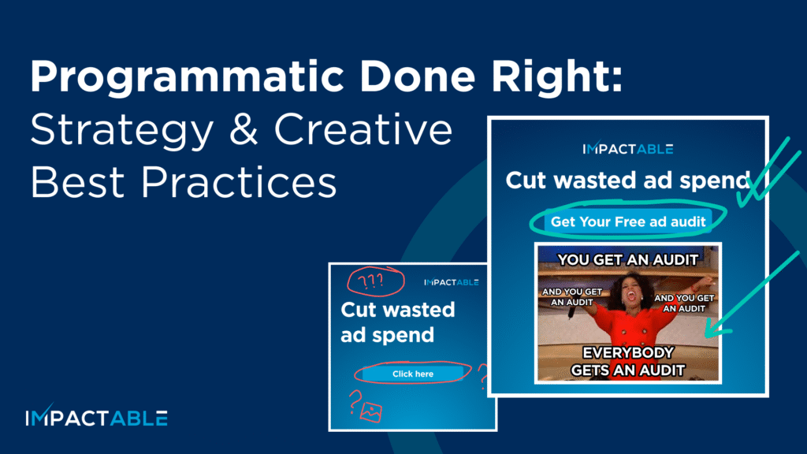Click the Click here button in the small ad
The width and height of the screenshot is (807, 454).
coord(413,374)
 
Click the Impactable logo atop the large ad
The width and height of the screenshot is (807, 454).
coord(627,149)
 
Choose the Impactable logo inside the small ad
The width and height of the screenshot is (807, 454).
coord(451,282)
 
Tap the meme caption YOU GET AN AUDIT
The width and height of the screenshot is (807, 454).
coord(628,259)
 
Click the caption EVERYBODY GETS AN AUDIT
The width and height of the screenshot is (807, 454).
coord(628,360)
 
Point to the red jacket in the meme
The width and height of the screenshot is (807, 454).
coord(628,323)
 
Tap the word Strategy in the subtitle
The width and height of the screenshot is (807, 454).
coord(121,132)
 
